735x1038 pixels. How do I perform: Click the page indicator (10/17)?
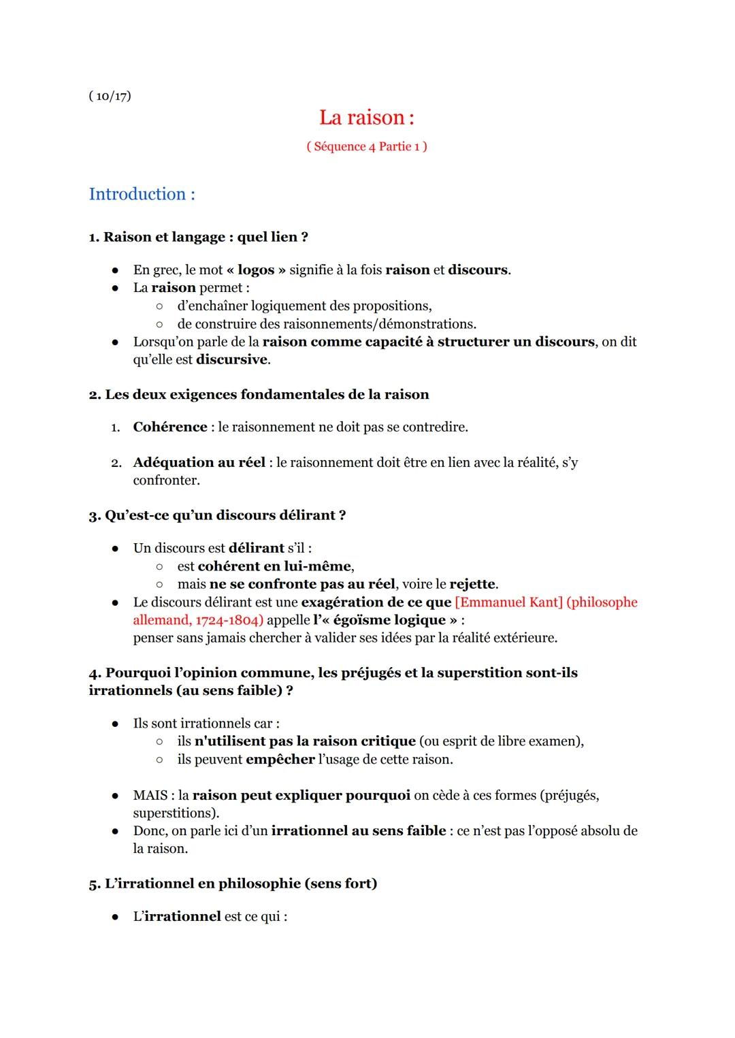110,96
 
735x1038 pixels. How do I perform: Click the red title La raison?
366,118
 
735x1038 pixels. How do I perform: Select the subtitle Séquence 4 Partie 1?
366,146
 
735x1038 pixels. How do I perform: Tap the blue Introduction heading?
142,194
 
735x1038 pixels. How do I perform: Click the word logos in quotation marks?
256,270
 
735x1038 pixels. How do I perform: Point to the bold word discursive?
231,359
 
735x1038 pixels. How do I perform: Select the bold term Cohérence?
170,427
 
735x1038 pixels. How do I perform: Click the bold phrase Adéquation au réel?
199,463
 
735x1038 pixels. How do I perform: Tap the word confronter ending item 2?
166,481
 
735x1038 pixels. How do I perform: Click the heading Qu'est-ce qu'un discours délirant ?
217,515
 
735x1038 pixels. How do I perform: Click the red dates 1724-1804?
229,620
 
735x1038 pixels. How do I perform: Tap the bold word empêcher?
280,760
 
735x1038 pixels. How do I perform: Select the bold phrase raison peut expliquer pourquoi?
301,796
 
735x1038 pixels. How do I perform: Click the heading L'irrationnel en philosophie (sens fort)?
233,883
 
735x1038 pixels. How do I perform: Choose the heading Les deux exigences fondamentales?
259,395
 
